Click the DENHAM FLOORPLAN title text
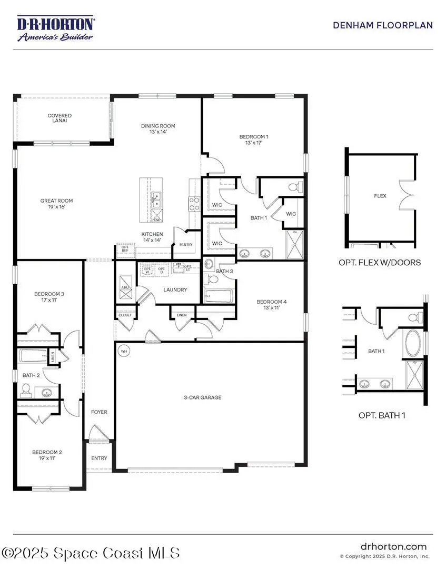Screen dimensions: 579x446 tap(383, 25)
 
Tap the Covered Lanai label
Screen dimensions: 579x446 tap(60, 118)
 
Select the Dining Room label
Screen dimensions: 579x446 tap(158, 129)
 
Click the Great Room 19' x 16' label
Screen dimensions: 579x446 tap(57, 204)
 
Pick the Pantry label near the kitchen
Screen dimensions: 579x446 tap(186, 245)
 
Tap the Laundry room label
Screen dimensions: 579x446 tap(175, 289)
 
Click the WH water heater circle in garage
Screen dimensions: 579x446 tap(124, 351)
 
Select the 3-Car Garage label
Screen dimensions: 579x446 tap(203, 397)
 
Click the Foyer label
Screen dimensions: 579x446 tap(99, 412)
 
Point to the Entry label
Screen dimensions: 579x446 tap(99, 458)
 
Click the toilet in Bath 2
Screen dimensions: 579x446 tap(26, 390)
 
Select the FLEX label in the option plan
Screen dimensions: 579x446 tap(380, 196)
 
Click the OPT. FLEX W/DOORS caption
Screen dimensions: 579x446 tap(380, 262)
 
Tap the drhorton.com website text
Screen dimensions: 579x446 tap(393, 546)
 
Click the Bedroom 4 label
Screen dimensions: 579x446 tap(271, 305)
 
